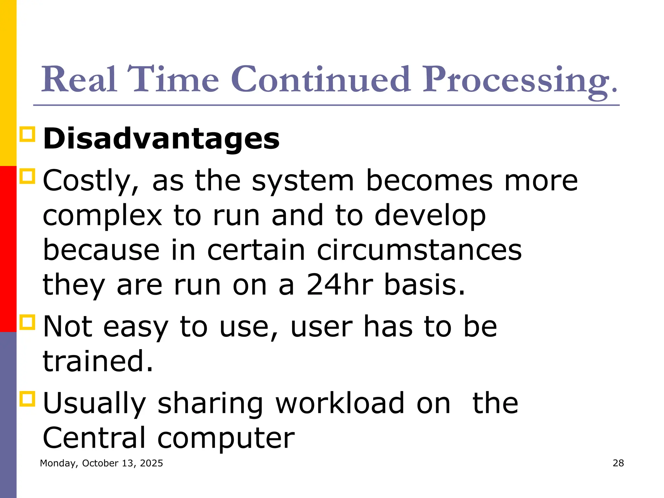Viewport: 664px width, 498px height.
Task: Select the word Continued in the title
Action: pyautogui.click(x=321, y=79)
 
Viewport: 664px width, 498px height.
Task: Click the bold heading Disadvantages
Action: pyautogui.click(x=161, y=139)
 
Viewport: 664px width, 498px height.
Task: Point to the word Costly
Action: pyautogui.click(x=91, y=181)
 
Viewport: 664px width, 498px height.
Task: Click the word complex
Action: pyautogui.click(x=102, y=216)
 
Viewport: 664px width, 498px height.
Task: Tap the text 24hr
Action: pyautogui.click(x=340, y=285)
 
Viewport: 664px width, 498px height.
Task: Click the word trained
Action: pyautogui.click(x=98, y=361)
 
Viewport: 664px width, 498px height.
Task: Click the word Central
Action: pyautogui.click(x=94, y=438)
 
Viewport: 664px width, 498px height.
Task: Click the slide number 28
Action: pyautogui.click(x=618, y=463)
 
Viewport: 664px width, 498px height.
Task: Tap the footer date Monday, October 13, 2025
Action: pyautogui.click(x=101, y=463)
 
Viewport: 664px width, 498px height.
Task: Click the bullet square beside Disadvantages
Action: pyautogui.click(x=27, y=134)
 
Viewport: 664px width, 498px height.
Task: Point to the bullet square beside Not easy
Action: pyautogui.click(x=27, y=322)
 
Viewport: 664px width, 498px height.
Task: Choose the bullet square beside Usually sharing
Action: pyautogui.click(x=27, y=398)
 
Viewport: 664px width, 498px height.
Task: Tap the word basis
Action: pyautogui.click(x=425, y=285)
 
